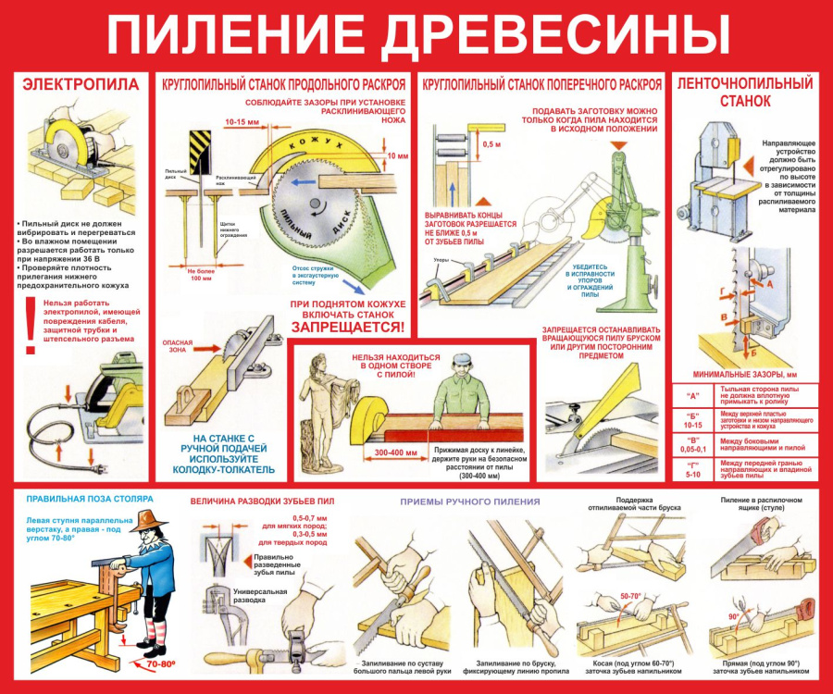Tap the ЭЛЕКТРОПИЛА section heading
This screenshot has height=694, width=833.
[81, 85]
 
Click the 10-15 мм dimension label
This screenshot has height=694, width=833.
[242, 121]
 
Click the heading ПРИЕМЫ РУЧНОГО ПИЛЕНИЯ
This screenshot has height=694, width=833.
[469, 502]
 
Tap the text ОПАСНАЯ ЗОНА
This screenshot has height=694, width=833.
[179, 345]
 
